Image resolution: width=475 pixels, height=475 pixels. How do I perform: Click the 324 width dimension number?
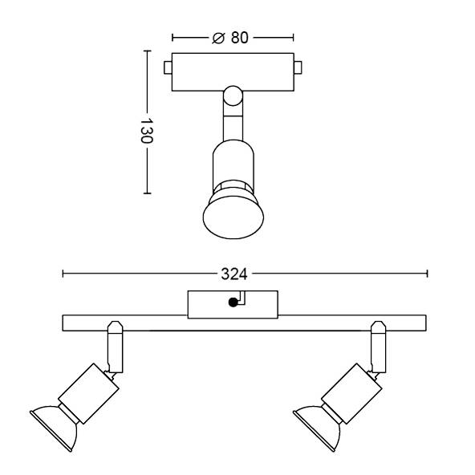coord(233,274)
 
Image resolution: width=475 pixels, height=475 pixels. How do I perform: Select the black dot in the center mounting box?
coord(233,302)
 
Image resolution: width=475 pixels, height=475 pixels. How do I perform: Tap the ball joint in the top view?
coord(232,97)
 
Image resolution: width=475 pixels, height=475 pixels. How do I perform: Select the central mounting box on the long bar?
coord(233,303)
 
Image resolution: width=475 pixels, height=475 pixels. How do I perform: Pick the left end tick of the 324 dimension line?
coord(63,274)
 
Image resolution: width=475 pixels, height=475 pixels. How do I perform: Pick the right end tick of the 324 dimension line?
coord(427,274)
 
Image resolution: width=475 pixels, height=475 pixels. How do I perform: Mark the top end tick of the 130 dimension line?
coord(146,51)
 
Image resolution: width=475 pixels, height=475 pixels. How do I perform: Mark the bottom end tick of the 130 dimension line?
coord(146,193)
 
